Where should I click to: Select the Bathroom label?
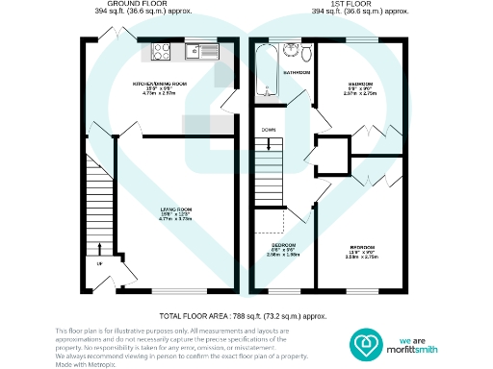tap(296, 73)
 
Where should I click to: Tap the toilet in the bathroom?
tap(304, 52)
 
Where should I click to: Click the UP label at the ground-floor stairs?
tap(99, 266)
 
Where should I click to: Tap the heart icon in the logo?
tap(364, 343)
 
